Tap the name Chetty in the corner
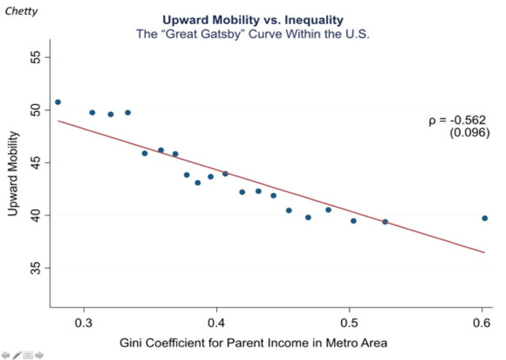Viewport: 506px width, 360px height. coord(21,11)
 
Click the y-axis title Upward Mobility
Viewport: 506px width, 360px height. coord(13,173)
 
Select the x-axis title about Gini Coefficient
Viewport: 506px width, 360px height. coord(254,343)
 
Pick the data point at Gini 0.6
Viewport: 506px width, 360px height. coord(484,218)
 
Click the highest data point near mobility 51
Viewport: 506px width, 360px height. coord(58,102)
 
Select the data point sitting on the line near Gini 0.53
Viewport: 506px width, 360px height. coord(385,221)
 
